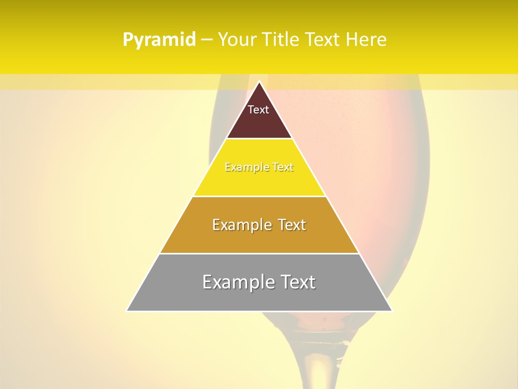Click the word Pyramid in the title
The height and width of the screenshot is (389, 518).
click(x=159, y=40)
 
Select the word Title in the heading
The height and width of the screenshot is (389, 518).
click(x=281, y=40)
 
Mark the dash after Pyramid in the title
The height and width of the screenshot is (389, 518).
click(x=206, y=40)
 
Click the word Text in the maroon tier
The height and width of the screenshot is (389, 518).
click(x=258, y=110)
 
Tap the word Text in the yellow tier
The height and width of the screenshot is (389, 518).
click(x=283, y=167)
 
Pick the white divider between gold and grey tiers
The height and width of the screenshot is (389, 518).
click(x=259, y=253)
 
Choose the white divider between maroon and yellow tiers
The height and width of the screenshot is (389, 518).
click(x=259, y=139)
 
